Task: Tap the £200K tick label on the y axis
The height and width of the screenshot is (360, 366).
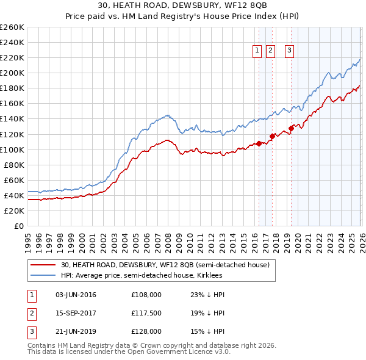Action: pos(12,73)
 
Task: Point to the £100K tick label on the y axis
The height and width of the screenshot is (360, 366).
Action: pos(12,149)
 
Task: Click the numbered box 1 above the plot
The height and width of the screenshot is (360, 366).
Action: pos(257,51)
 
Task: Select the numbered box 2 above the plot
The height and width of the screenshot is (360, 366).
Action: pos(271,51)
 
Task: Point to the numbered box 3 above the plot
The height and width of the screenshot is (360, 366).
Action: pos(289,51)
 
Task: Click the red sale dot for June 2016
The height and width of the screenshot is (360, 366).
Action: pos(259,143)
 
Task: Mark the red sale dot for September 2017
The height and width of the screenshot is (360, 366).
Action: pos(272,136)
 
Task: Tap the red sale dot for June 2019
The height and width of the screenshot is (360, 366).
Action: pos(292,128)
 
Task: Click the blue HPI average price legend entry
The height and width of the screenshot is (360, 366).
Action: pos(142,276)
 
